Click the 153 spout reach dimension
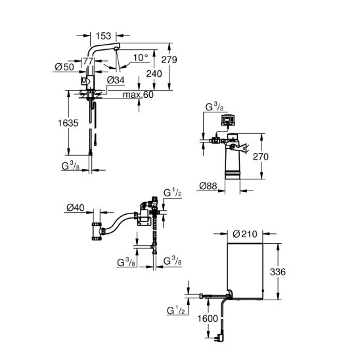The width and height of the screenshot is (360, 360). click(103, 36)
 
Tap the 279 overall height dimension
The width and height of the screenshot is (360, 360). click(169, 60)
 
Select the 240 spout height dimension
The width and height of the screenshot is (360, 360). click(154, 74)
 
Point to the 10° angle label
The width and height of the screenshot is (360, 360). click(141, 58)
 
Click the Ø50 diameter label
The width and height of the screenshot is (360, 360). click(64, 67)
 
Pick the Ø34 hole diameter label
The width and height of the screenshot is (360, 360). click(116, 80)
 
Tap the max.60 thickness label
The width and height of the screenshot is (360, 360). click(138, 95)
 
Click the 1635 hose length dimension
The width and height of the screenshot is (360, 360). click(68, 123)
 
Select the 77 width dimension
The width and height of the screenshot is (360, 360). click(88, 61)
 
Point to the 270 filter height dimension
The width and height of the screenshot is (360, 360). click(261, 157)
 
